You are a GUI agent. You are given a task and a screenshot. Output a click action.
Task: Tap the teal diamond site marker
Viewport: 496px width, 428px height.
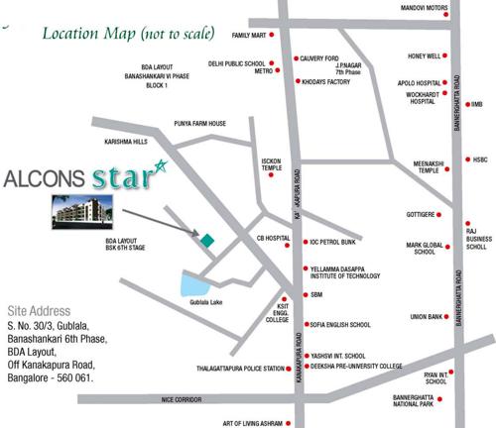tap(207, 240)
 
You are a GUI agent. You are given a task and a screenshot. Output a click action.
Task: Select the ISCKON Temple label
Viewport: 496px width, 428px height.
tap(272, 163)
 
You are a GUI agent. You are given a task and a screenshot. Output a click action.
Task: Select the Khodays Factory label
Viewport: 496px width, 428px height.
tap(327, 81)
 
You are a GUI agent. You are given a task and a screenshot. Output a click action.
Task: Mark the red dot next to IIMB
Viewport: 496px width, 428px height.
tap(465, 103)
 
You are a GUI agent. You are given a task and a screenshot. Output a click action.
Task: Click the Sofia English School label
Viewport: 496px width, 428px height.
tap(340, 324)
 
